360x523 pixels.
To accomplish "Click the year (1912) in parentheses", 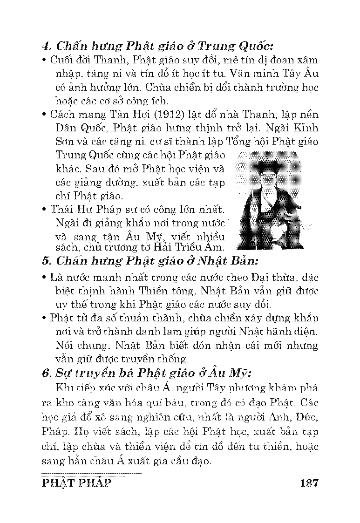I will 170,114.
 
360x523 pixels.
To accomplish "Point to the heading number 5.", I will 45,261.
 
